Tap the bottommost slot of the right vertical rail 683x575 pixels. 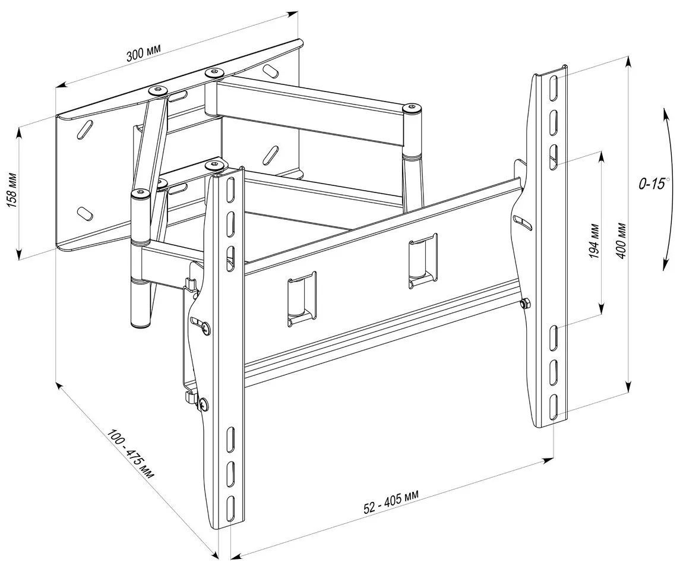553,407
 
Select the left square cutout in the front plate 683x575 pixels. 302,298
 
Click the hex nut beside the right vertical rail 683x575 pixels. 524,304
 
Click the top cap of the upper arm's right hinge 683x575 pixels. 412,108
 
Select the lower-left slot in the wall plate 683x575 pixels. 85,211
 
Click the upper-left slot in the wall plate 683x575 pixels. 86,129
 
